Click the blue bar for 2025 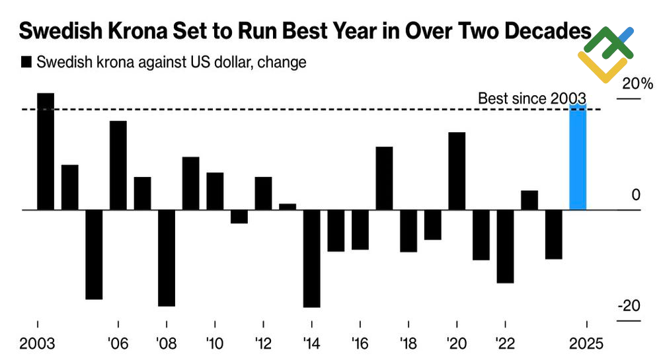[x=578, y=157]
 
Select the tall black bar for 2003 [x=46, y=151]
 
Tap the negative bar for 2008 [x=167, y=258]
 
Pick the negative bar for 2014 [x=311, y=258]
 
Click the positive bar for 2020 [x=457, y=171]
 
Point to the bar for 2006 [x=118, y=165]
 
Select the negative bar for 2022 [x=506, y=246]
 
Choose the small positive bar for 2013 [x=288, y=207]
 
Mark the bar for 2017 [x=384, y=178]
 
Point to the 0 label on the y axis [x=636, y=195]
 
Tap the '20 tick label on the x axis [x=456, y=343]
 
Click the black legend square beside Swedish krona [x=27, y=63]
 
